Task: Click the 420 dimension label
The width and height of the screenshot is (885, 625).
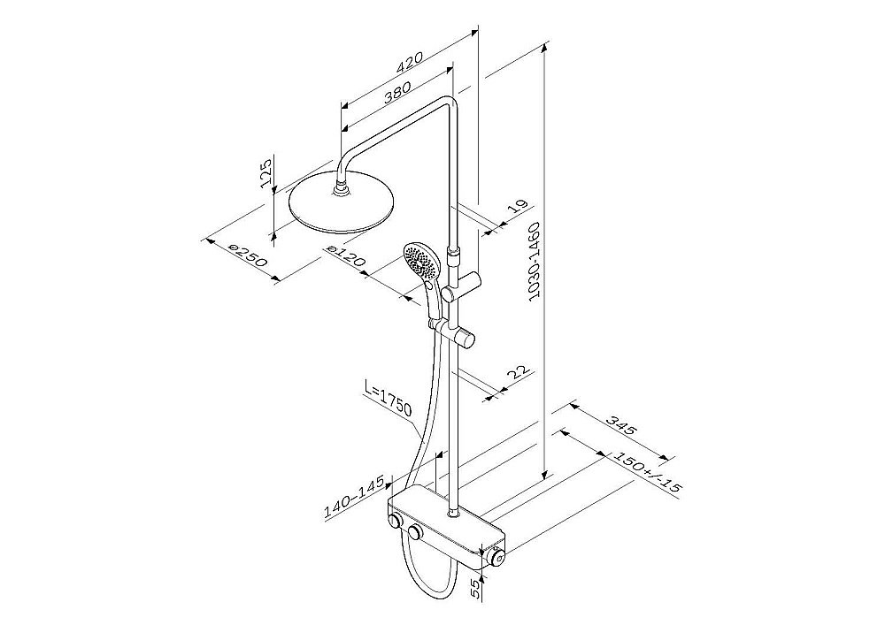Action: [410, 63]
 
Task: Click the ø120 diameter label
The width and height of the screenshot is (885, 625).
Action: [347, 255]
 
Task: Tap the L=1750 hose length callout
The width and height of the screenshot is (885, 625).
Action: [388, 400]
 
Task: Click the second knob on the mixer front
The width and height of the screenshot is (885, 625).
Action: [416, 532]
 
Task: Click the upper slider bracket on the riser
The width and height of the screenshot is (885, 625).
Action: [462, 286]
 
